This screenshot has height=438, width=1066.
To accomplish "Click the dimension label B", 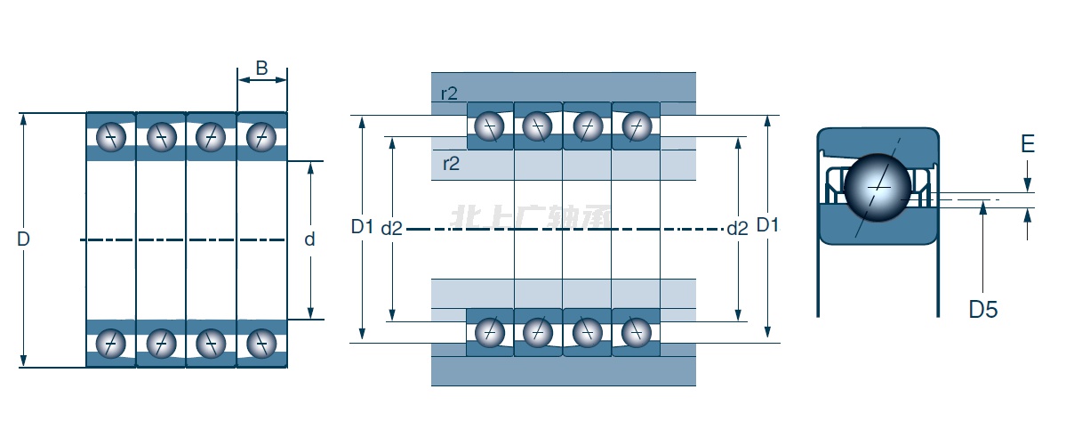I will tap(261, 68).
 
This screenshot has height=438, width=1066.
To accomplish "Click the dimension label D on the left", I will tap(23, 239).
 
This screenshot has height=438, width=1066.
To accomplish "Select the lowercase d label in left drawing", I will tap(309, 239).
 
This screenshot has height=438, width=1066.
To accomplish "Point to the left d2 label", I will tap(392, 229).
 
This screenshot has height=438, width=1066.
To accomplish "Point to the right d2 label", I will tap(737, 229).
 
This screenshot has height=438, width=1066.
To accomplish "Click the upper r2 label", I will tap(450, 93).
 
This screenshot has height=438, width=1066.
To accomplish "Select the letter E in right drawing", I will tap(1028, 144).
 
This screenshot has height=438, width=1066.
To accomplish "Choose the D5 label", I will tap(983, 310).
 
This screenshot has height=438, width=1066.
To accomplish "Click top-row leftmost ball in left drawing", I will tap(111, 137).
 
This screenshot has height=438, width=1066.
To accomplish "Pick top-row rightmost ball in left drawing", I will tap(261, 137).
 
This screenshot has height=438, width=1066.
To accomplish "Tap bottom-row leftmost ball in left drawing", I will tap(111, 342).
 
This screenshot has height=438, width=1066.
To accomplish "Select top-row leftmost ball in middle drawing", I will tap(489, 126).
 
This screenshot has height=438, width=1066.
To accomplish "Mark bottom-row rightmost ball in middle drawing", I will tap(636, 332).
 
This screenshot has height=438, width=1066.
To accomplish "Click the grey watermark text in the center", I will tap(532, 217).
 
